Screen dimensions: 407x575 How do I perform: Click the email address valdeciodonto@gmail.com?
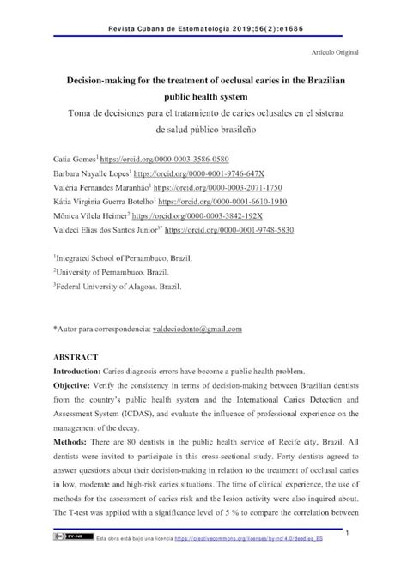coord(197,329)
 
